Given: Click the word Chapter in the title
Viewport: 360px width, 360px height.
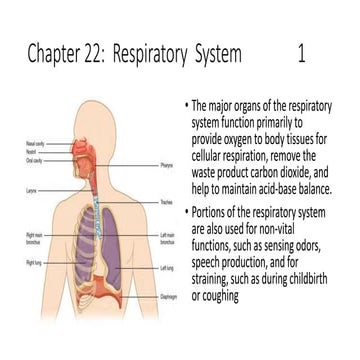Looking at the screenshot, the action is click(x=57, y=53).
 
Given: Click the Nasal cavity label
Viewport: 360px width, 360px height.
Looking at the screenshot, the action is click(x=33, y=144).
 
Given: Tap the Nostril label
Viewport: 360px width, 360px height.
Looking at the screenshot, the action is click(x=31, y=150).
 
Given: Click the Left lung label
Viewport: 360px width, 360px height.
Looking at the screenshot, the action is click(x=167, y=267).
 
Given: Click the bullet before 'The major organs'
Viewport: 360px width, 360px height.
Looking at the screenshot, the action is click(x=187, y=105).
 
